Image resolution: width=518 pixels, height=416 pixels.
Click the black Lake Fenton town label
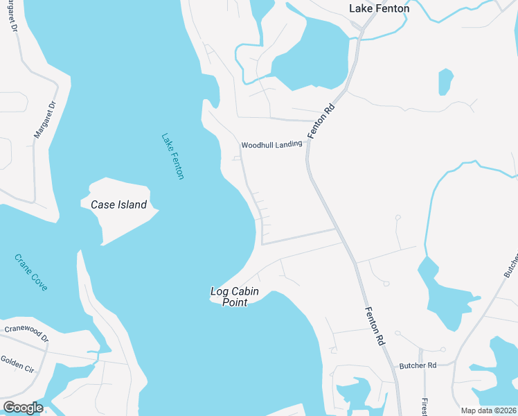click(379, 9)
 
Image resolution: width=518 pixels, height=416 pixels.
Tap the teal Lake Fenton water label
click(172, 157)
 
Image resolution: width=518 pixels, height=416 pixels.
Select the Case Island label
click(118, 205)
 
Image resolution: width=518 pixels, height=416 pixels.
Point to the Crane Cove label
click(31, 272)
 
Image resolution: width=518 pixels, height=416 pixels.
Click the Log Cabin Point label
click(235, 297)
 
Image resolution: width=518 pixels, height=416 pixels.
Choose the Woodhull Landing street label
click(271, 145)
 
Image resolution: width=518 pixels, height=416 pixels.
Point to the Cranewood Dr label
click(26, 333)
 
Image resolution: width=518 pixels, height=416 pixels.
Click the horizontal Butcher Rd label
click(418, 365)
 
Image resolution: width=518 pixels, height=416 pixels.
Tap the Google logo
click(22, 408)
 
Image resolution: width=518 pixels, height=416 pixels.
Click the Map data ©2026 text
click(489, 410)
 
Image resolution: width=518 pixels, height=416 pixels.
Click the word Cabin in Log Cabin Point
click(245, 292)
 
